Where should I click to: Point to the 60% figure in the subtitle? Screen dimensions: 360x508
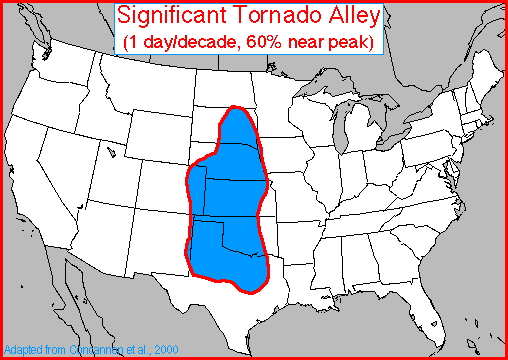[x=257, y=42]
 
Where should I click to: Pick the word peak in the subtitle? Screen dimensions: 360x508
[x=343, y=42]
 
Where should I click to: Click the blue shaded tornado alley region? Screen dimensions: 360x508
[x=228, y=200]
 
